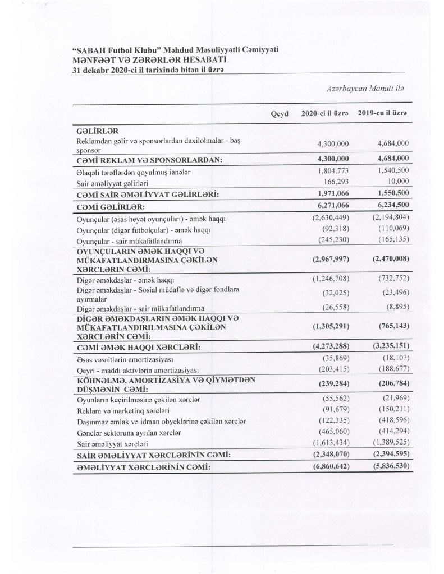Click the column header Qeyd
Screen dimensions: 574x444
[x=279, y=114]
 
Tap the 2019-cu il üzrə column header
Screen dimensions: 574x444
[x=382, y=114]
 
